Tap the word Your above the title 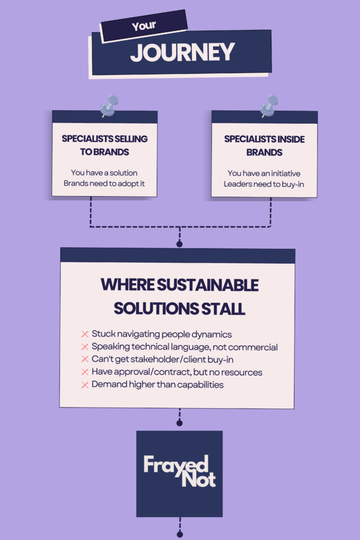point(144,26)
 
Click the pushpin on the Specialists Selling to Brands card point(109,106)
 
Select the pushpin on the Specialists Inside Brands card point(269,106)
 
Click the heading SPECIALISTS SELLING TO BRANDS point(104,145)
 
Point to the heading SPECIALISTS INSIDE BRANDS point(264,146)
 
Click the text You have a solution point(104,172)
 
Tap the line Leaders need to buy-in point(264,184)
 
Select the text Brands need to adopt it point(104,184)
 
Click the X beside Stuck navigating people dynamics point(84,334)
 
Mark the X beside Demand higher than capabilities point(84,385)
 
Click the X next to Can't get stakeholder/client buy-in point(84,360)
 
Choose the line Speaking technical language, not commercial point(184,347)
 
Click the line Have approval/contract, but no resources point(177,372)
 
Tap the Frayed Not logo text point(179,471)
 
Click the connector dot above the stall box point(179,244)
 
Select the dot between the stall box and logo point(179,423)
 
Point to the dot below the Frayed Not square point(179,534)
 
